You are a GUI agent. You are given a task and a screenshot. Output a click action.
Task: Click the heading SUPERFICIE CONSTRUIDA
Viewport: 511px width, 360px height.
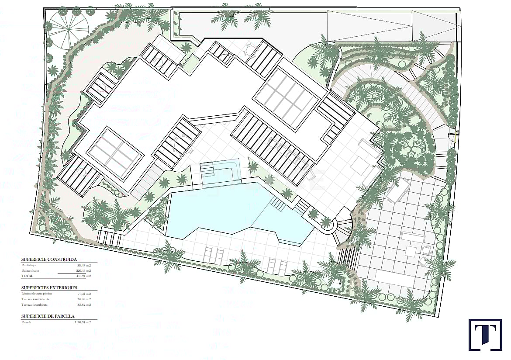(x=49, y=259)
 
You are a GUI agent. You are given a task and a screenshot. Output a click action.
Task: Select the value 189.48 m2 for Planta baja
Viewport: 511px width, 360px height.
(x=83, y=265)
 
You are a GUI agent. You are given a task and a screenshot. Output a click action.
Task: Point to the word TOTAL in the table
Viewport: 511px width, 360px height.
(x=27, y=276)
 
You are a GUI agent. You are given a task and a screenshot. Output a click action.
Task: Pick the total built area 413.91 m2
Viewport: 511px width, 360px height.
(x=83, y=276)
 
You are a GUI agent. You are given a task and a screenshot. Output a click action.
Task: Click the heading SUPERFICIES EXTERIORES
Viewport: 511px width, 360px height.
(x=49, y=288)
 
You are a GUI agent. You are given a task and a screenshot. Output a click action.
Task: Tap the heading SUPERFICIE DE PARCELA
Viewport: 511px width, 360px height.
(x=48, y=315)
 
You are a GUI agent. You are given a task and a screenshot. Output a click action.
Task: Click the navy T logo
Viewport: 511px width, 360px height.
(x=485, y=335)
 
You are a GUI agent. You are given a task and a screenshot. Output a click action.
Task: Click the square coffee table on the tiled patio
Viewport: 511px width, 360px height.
(x=411, y=251)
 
